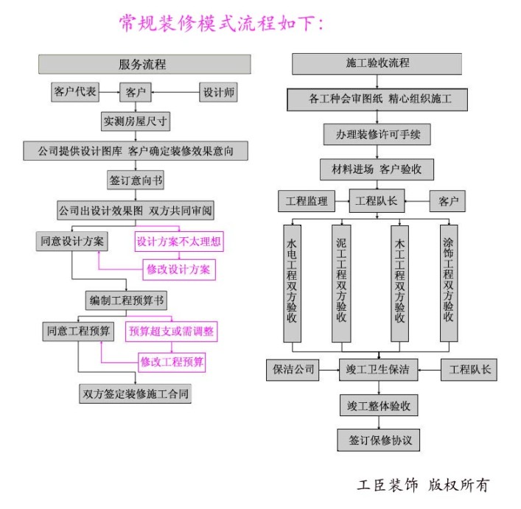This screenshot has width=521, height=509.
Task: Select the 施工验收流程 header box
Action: click(x=377, y=64)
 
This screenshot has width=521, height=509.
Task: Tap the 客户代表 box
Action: click(x=75, y=92)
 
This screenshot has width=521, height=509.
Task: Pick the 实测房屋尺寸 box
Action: click(x=135, y=121)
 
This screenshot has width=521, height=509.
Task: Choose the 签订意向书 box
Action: click(x=135, y=180)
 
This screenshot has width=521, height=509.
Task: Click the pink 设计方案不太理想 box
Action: click(x=179, y=241)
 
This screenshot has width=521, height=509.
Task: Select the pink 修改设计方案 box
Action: click(x=179, y=270)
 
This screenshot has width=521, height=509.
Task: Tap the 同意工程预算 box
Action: click(x=78, y=331)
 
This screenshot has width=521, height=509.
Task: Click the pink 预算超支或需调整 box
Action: click(x=172, y=331)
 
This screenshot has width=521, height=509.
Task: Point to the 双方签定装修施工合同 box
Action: click(x=135, y=393)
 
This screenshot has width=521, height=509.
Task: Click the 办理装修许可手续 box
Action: click(x=377, y=135)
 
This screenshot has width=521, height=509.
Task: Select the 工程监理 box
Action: click(x=306, y=200)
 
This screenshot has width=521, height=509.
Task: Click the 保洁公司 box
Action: click(x=293, y=370)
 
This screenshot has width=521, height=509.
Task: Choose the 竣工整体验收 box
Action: click(x=379, y=406)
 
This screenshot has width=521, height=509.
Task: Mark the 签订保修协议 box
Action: click(x=379, y=440)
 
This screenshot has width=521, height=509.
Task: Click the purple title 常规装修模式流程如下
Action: click(x=221, y=23)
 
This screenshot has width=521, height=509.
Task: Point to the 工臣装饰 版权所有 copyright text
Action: click(x=422, y=485)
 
